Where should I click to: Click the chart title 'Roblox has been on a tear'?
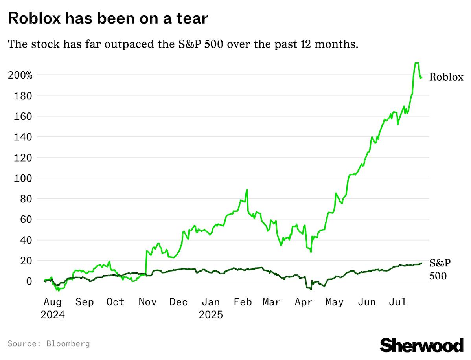(107, 18)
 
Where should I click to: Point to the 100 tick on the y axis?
(24, 178)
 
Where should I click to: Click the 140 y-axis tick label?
(24, 137)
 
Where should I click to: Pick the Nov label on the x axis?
(148, 302)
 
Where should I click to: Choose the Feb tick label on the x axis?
(242, 302)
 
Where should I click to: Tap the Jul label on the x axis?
(397, 302)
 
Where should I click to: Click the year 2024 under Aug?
(53, 315)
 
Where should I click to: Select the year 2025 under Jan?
(210, 315)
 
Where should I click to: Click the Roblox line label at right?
(446, 77)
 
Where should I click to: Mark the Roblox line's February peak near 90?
(247, 190)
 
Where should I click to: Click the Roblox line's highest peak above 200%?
(417, 63)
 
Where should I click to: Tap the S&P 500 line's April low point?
(311, 289)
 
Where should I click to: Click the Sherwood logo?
(421, 345)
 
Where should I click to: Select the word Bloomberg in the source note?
(68, 344)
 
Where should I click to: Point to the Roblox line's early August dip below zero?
(59, 290)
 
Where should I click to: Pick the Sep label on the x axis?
(85, 302)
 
